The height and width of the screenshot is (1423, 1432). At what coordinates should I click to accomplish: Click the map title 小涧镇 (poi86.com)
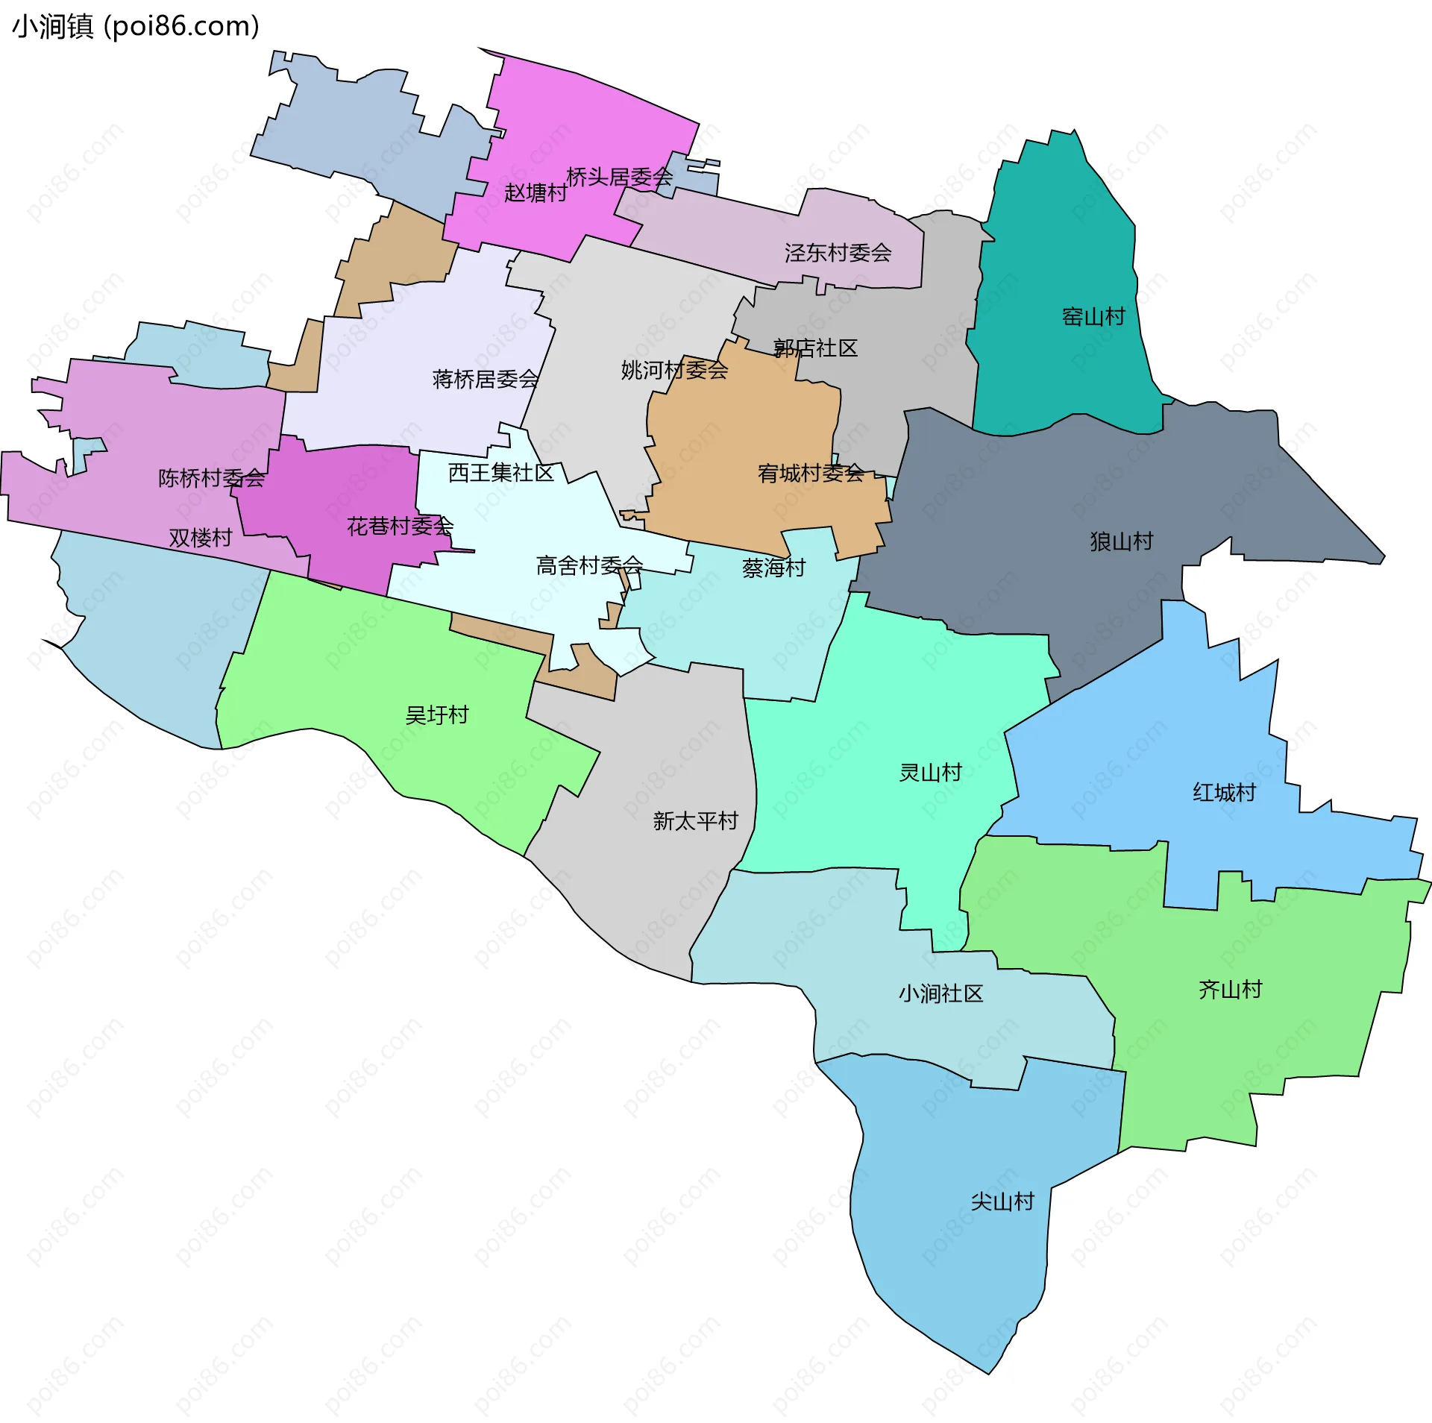point(136,27)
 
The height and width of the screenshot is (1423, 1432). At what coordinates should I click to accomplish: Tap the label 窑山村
point(1093,317)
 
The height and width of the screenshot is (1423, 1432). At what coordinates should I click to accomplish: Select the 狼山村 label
point(1121,541)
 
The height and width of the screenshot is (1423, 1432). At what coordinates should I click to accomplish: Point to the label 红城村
point(1224,792)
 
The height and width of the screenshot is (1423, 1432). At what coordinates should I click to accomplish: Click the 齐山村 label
point(1230,990)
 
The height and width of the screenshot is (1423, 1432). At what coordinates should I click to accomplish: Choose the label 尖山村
point(1002,1201)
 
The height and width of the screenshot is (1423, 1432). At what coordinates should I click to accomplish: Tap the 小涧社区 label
point(940,993)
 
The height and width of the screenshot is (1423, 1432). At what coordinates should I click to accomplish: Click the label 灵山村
point(930,773)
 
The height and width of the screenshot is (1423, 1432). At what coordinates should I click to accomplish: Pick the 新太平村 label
point(695,821)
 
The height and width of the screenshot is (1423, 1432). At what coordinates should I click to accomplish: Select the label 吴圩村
point(436,715)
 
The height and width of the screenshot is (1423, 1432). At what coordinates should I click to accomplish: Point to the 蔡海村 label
point(773,568)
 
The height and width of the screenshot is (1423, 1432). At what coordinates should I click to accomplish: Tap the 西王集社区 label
point(500,473)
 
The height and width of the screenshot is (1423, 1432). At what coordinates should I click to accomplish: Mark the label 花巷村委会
point(400,527)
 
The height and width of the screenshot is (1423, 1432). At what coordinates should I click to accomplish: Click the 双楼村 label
point(200,538)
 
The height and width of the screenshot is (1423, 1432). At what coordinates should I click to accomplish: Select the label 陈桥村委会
point(211,478)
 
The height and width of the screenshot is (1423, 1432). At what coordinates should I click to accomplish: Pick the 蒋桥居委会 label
point(485,380)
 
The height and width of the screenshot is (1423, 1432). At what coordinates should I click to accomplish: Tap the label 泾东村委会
point(838,253)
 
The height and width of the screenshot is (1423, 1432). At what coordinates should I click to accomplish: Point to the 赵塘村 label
point(535,193)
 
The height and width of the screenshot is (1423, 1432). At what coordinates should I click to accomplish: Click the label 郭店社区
point(815,348)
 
